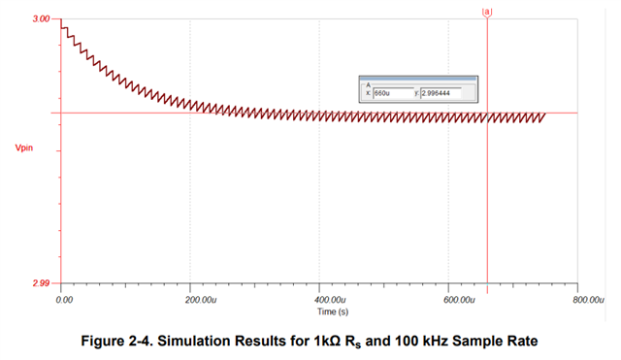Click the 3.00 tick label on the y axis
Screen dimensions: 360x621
(x=40, y=18)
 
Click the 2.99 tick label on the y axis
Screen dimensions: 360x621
(x=40, y=282)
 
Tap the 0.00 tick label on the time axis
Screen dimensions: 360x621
(x=64, y=299)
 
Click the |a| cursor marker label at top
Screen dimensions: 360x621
(x=487, y=11)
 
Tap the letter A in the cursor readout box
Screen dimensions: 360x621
(x=368, y=84)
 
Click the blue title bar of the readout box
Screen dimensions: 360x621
(x=417, y=78)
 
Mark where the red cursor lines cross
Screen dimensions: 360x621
(x=487, y=113)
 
